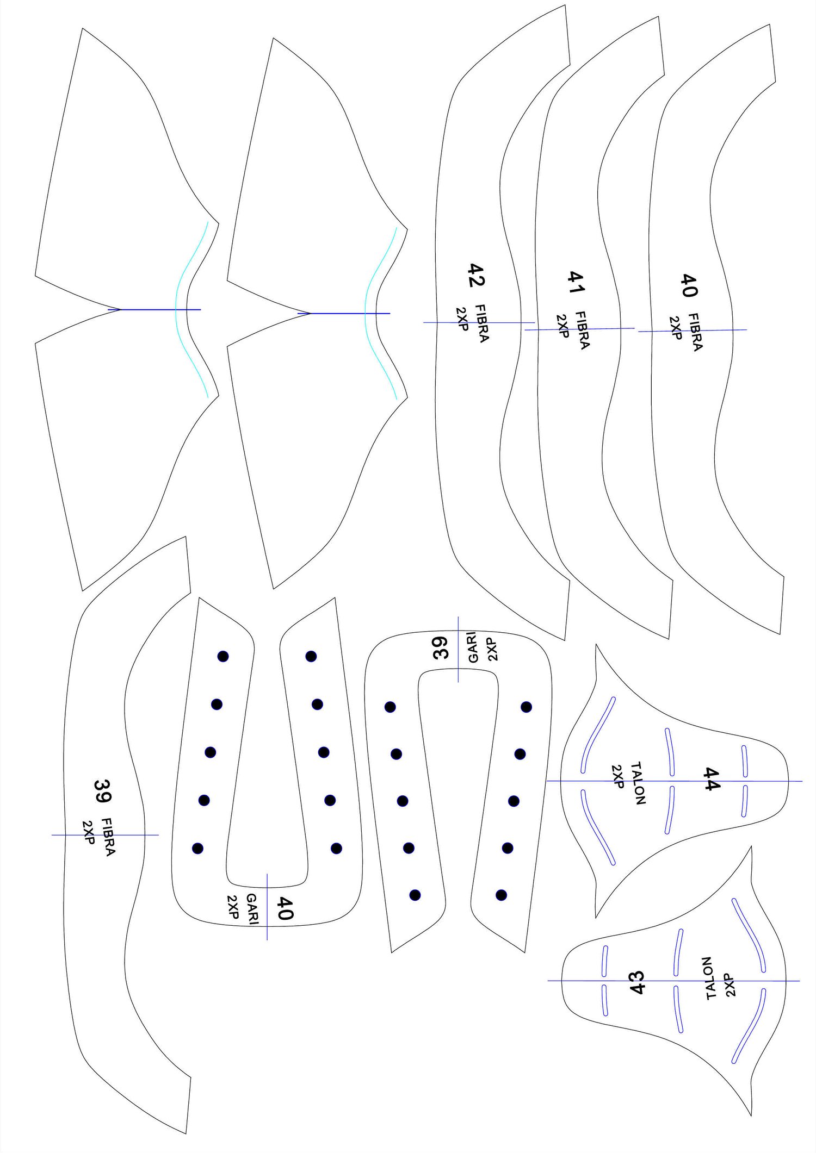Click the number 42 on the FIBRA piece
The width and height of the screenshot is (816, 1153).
coord(477,275)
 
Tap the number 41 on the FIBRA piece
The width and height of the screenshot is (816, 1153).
coord(576,282)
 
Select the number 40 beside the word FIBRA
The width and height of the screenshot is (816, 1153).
coord(689,285)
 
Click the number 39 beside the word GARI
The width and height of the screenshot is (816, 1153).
coord(441,647)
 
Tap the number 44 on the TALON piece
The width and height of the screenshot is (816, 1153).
coord(712,779)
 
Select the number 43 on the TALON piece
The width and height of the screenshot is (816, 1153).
coord(636,982)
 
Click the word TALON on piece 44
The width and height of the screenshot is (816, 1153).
coord(638,783)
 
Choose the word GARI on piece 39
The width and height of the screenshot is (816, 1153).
coord(472,647)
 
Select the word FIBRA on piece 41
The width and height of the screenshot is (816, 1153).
coord(582,330)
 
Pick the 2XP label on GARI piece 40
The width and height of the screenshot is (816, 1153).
coord(233,907)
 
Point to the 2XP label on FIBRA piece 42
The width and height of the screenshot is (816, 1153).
coord(462,319)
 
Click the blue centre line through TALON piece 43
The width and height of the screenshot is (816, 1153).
coord(673,981)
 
